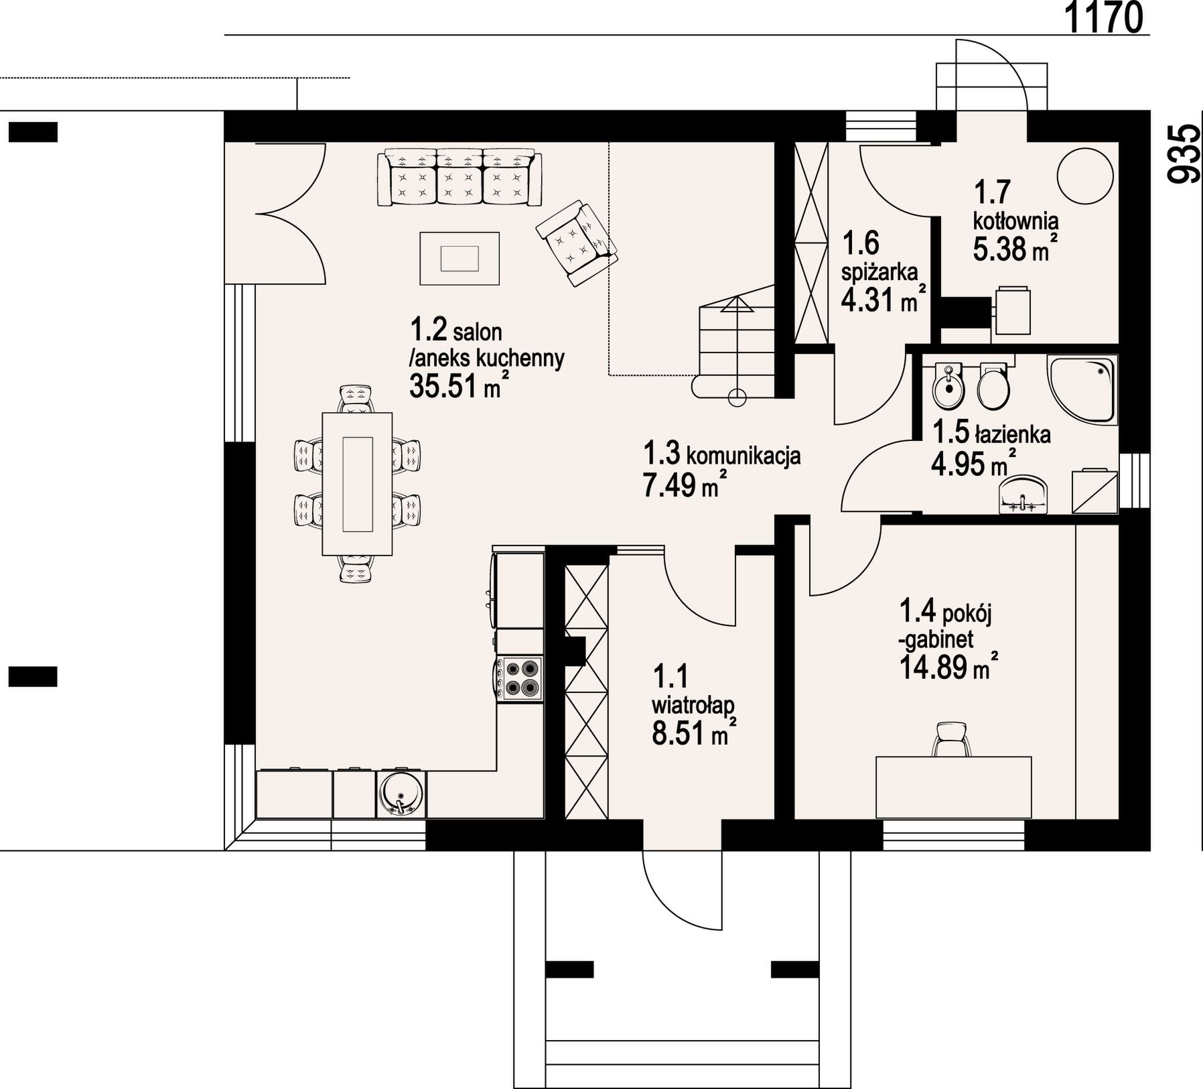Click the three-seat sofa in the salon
click(459, 178)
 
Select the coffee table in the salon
click(459, 258)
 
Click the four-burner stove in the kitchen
click(520, 678)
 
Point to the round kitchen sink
click(401, 793)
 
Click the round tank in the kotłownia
click(1085, 176)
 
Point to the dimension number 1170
click(1103, 17)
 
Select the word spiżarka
click(879, 273)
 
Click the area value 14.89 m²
click(944, 668)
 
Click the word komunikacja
click(744, 456)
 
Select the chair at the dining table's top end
click(356, 399)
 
